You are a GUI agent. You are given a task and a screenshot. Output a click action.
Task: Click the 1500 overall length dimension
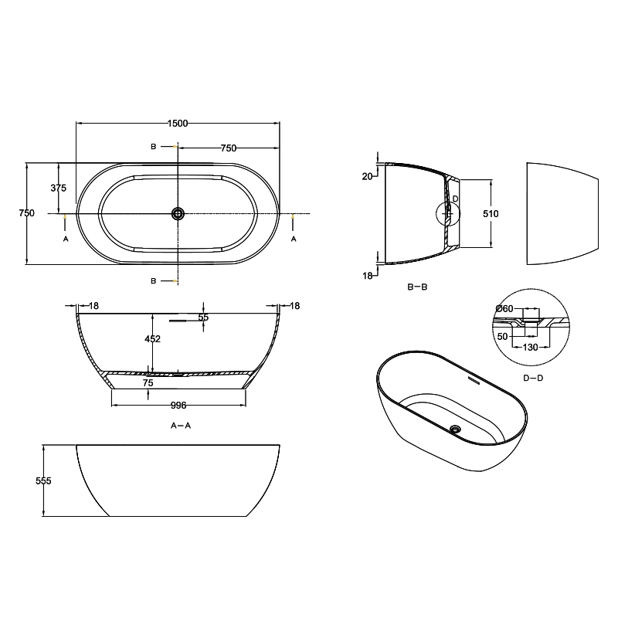[x=178, y=123]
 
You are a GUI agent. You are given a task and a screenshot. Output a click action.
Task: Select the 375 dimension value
[x=58, y=188]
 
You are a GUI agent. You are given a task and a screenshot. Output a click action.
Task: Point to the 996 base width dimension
[x=178, y=405]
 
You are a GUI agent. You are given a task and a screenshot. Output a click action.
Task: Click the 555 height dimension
[x=43, y=480]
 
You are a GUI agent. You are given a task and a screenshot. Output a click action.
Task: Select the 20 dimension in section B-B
[x=368, y=176]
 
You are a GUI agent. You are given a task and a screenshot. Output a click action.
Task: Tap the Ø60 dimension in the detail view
[x=504, y=309]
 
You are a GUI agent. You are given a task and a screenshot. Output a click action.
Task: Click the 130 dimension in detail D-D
[x=530, y=348]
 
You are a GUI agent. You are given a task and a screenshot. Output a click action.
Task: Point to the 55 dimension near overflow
[x=203, y=317]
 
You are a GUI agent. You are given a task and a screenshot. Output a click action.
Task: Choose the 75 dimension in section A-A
[x=148, y=382]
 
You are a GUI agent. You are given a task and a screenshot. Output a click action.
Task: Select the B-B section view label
[x=417, y=287]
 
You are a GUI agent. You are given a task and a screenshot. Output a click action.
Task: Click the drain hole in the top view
[x=178, y=213]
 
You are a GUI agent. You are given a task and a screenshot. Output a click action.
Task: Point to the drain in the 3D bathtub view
[x=455, y=428]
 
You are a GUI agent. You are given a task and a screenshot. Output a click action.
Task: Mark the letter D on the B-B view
[x=455, y=199]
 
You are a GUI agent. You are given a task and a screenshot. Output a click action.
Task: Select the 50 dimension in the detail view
[x=503, y=337]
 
